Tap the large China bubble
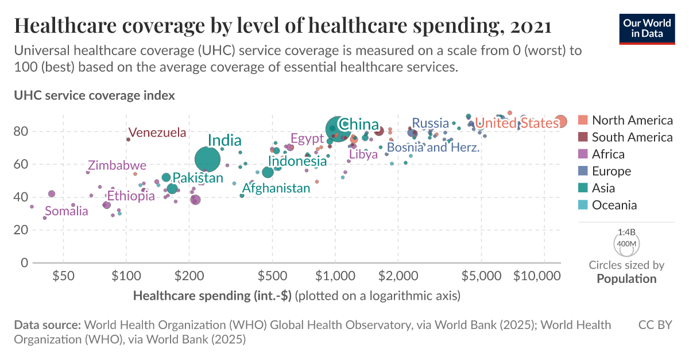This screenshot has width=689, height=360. click(338, 129)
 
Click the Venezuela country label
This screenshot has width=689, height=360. click(157, 133)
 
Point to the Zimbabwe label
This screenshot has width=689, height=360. click(117, 165)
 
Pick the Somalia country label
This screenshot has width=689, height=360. click(67, 211)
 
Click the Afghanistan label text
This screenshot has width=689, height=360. click(276, 188)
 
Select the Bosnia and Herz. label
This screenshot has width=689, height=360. click(433, 148)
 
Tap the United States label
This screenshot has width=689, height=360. click(517, 123)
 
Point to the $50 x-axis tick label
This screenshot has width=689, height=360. click(63, 275)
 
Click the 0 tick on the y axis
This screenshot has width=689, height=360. click(25, 263)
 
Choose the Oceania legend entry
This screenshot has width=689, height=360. click(614, 205)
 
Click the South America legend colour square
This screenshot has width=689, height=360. click(583, 137)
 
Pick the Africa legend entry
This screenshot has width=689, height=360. click(608, 154)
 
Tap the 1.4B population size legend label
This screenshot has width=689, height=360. click(626, 233)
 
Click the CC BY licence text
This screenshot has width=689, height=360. click(655, 325)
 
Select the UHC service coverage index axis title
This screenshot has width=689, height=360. click(94, 95)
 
